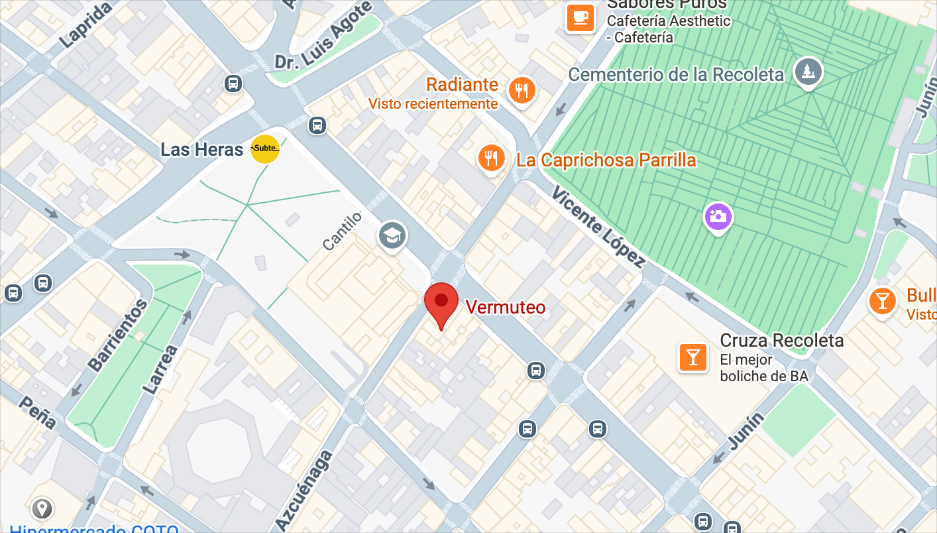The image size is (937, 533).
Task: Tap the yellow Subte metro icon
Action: point(265,148)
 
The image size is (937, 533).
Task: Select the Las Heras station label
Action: point(201,149)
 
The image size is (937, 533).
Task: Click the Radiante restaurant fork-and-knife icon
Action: point(522,90)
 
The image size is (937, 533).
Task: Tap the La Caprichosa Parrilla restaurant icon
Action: point(491,158)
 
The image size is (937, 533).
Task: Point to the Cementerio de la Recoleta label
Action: point(676,74)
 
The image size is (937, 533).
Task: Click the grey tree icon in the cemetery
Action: point(807,71)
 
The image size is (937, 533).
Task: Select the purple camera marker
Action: point(716,216)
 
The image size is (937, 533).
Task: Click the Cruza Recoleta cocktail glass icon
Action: point(692,357)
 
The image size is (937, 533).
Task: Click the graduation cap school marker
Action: point(392,235)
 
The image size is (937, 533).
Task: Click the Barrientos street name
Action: point(118,335)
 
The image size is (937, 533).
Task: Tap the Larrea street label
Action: point(160,369)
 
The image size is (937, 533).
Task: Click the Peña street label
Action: point(38,412)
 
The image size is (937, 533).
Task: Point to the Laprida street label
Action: point(85,25)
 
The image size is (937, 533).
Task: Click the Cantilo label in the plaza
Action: point(343,231)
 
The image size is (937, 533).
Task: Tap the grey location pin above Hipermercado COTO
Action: point(43,508)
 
